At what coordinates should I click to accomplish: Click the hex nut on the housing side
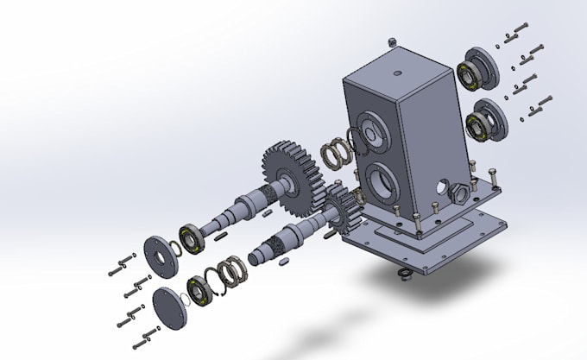click(x=461, y=191)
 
